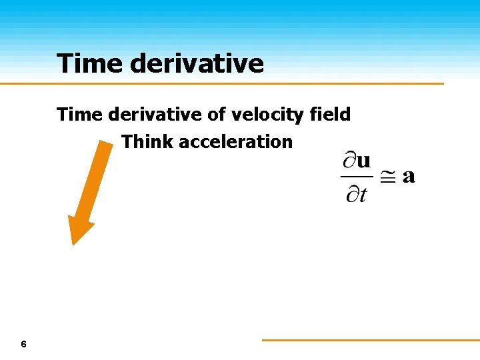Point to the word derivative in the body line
pyautogui.click(x=157, y=115)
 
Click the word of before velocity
pyautogui.click(x=217, y=115)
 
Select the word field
pyautogui.click(x=331, y=115)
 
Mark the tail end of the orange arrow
pyautogui.click(x=105, y=145)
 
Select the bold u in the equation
pyautogui.click(x=364, y=162)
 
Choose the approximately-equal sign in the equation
pyautogui.click(x=388, y=177)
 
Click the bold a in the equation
pyautogui.click(x=409, y=177)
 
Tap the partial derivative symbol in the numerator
pyautogui.click(x=349, y=162)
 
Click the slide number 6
pyautogui.click(x=24, y=344)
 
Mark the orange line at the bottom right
pyautogui.click(x=370, y=340)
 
